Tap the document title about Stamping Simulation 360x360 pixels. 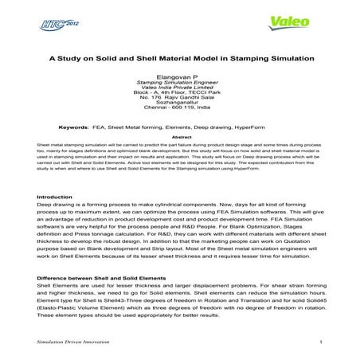[x=179, y=58]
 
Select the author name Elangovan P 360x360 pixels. [x=179, y=76]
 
